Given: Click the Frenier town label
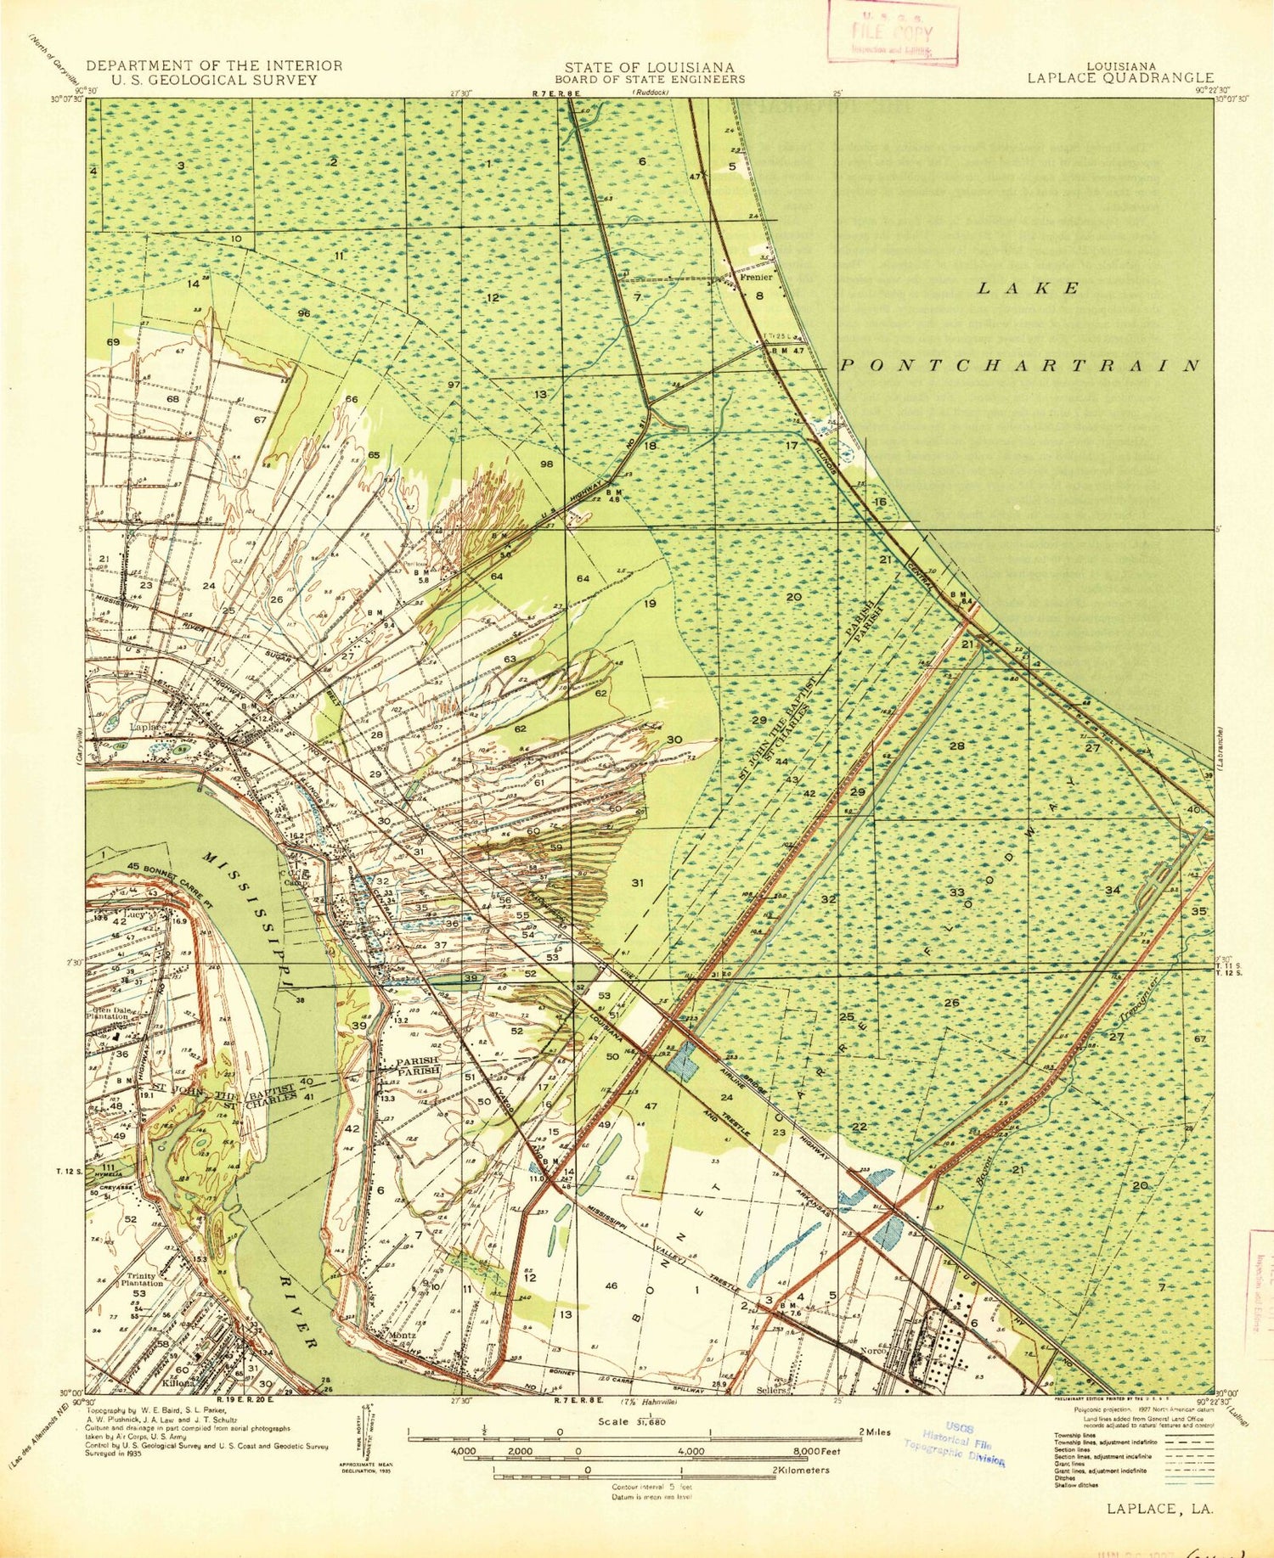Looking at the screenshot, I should pyautogui.click(x=756, y=277).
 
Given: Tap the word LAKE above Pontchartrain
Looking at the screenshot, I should pyautogui.click(x=1029, y=288).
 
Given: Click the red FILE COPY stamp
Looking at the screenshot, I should pyautogui.click(x=893, y=34).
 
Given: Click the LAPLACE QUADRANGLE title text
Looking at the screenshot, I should pyautogui.click(x=1120, y=78).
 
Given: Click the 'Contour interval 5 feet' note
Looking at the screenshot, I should pyautogui.click(x=651, y=1488).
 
